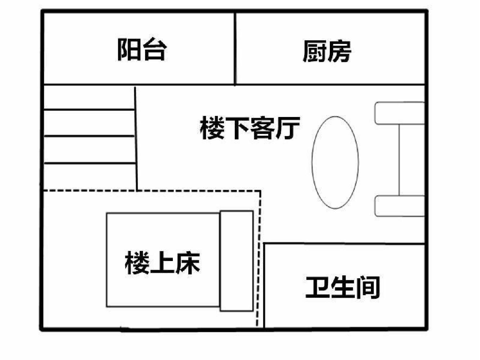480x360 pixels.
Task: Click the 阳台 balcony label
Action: (142, 50)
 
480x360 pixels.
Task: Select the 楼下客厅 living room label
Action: (250, 128)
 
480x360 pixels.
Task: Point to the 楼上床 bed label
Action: (162, 262)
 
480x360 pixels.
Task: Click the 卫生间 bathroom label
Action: (342, 288)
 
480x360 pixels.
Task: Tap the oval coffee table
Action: (335, 162)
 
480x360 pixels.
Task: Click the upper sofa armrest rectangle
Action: (400, 113)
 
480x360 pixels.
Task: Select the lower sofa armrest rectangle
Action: (400, 206)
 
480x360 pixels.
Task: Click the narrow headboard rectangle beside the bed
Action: (237, 261)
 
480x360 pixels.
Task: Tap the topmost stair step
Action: (89, 97)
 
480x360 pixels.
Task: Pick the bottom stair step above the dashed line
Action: (90, 177)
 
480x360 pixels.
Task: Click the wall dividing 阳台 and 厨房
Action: (235, 48)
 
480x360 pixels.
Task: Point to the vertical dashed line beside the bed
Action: (259, 258)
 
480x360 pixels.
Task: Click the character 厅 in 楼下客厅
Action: (288, 128)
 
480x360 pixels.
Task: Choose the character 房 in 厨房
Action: (340, 51)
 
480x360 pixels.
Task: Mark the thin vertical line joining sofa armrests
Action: (399, 160)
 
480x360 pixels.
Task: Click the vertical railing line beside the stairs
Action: (136, 139)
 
